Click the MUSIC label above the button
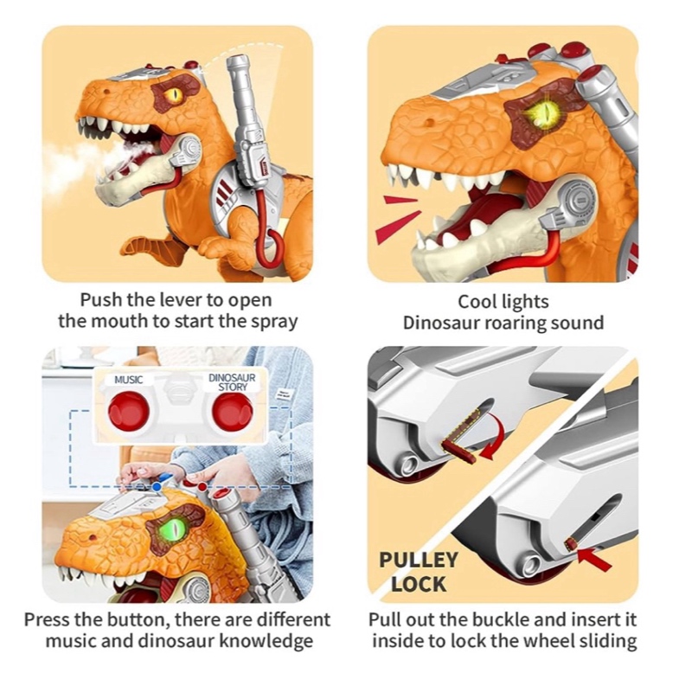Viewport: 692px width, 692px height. (128, 379)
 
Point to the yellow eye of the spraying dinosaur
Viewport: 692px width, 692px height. (176, 93)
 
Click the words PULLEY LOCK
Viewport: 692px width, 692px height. (418, 571)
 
